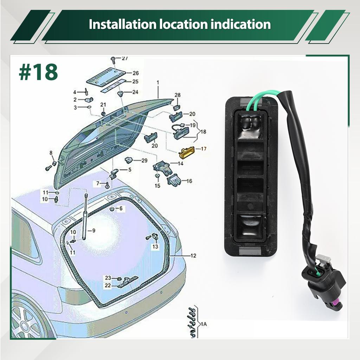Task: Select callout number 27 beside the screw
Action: tap(125, 59)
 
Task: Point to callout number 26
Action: tap(135, 73)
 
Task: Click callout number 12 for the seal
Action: tap(193, 256)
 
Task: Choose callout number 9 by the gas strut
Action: tap(93, 231)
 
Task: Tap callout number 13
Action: tap(155, 247)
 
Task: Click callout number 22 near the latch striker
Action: tap(108, 285)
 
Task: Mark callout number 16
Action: tap(189, 181)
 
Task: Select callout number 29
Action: tap(144, 161)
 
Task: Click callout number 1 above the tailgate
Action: tap(158, 82)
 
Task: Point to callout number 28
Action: tap(178, 95)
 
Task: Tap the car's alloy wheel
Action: tap(26, 322)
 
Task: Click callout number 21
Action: tap(103, 105)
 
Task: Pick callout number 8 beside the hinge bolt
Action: tap(51, 153)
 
